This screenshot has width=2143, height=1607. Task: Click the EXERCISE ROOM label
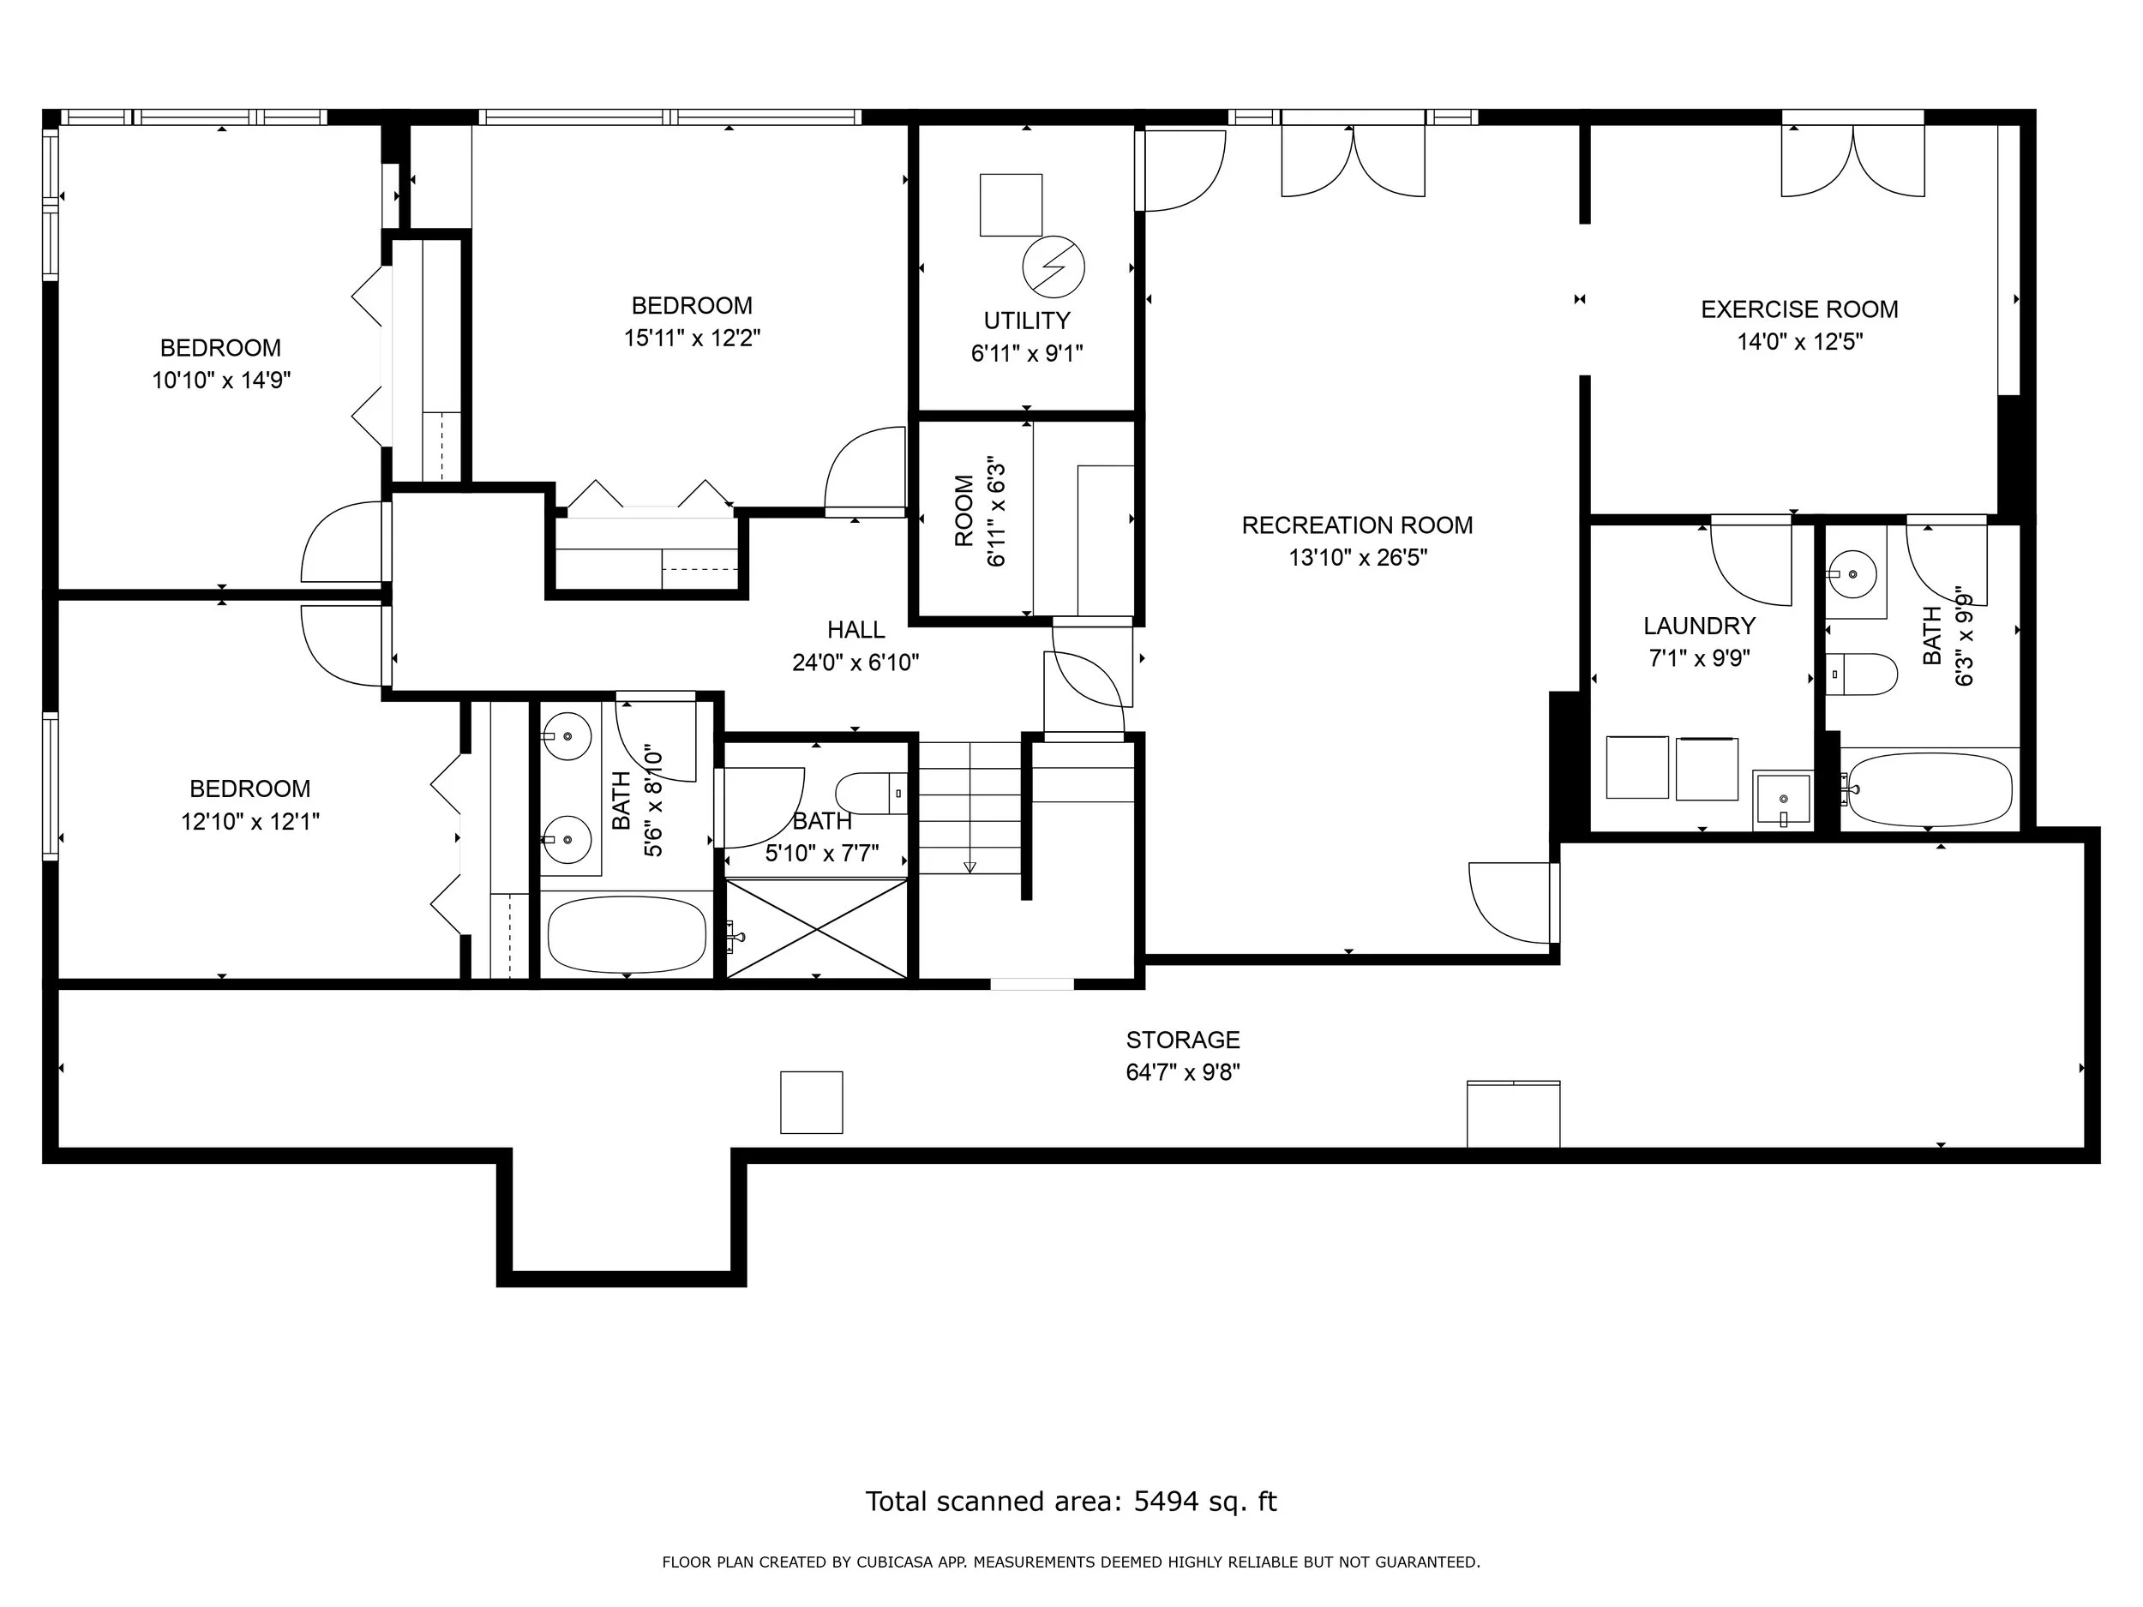tap(1799, 310)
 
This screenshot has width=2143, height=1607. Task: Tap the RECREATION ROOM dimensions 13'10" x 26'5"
tap(1357, 558)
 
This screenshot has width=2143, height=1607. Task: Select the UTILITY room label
tap(1027, 321)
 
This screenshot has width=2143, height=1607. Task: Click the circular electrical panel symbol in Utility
tap(1053, 267)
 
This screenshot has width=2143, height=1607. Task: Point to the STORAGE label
tap(1183, 1040)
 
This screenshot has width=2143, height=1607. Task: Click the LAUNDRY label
tap(1699, 626)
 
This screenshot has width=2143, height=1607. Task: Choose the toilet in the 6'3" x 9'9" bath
tap(1861, 675)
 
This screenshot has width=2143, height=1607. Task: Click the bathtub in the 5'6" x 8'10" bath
tap(627, 935)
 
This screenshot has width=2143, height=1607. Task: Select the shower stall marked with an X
tap(817, 929)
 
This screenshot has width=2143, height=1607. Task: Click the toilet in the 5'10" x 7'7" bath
tap(871, 794)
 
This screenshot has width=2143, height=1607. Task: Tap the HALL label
tap(855, 631)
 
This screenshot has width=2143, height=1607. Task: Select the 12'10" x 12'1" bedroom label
tap(250, 789)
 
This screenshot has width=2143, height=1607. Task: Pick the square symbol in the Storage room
tap(812, 1102)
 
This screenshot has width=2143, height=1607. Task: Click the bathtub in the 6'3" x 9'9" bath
tap(1929, 789)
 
